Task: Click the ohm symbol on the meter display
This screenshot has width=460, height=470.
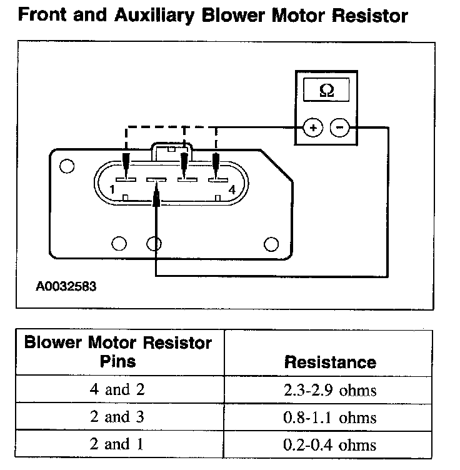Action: (326, 91)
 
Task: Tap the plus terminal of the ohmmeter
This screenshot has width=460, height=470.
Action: (312, 129)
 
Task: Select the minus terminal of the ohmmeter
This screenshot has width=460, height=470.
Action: (340, 129)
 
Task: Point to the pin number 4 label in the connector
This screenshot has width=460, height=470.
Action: (231, 189)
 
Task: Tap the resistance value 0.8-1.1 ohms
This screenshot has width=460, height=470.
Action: (330, 417)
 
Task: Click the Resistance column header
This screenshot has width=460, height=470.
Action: (330, 362)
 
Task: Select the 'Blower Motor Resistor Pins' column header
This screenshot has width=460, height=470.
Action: (117, 351)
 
